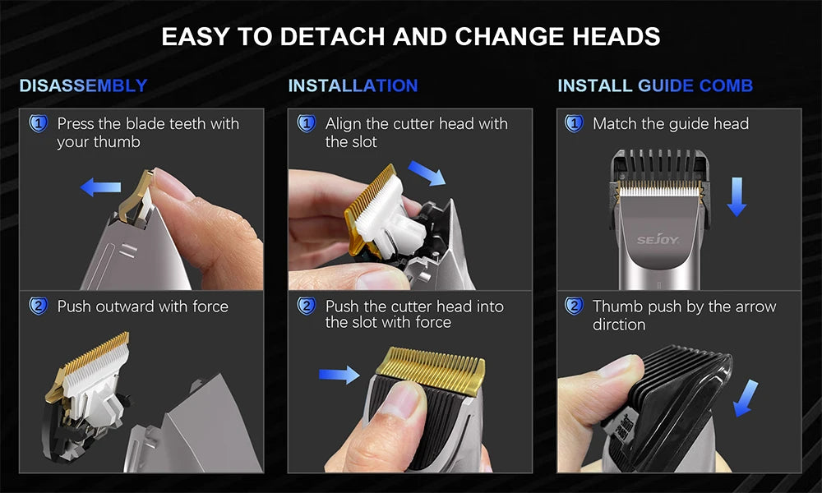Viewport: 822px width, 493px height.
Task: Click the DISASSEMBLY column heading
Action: click(83, 85)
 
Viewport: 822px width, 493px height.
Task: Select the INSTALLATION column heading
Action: click(353, 85)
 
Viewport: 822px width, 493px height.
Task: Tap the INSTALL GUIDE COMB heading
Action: click(655, 85)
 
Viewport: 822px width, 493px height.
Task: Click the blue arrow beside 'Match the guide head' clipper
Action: click(736, 198)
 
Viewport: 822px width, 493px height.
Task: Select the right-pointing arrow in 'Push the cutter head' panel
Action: click(339, 375)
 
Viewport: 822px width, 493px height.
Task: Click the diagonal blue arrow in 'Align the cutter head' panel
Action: click(426, 173)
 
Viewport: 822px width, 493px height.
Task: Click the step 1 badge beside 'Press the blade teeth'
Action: click(38, 124)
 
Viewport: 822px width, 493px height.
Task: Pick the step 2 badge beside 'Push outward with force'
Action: click(38, 306)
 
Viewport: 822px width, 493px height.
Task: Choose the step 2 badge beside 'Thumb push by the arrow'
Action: click(574, 306)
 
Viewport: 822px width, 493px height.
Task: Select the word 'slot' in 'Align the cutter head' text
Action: click(362, 142)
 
